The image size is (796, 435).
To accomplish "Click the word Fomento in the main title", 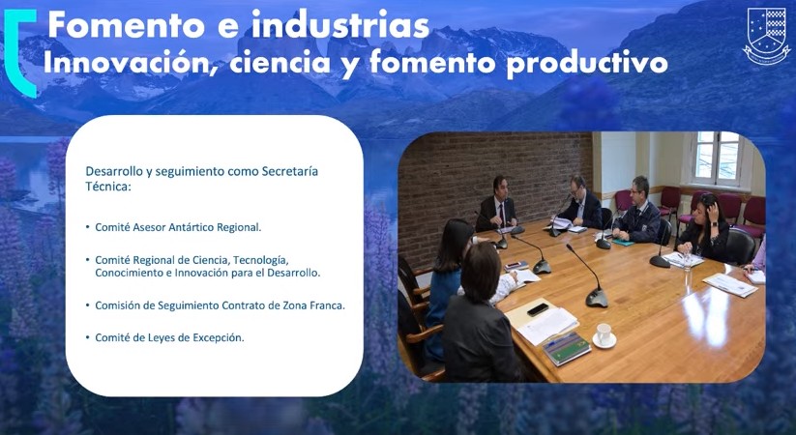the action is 128,25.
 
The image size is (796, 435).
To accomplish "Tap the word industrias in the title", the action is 340,24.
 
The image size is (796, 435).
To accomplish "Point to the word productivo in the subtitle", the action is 587,64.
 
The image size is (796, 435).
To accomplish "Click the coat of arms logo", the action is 767,36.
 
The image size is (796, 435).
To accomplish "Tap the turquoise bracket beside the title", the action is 20,52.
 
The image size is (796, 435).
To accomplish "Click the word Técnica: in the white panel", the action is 108,187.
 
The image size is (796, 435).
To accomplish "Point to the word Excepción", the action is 219,337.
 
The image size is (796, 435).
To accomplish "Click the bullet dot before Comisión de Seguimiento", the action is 88,305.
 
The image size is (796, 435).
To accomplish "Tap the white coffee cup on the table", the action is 604,335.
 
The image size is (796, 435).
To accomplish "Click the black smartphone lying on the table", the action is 538,309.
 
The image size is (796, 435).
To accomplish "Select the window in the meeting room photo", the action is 717,158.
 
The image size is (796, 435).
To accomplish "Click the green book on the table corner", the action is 567,348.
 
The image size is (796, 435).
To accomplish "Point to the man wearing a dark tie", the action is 496,204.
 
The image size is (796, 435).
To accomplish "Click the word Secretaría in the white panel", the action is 290,171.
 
